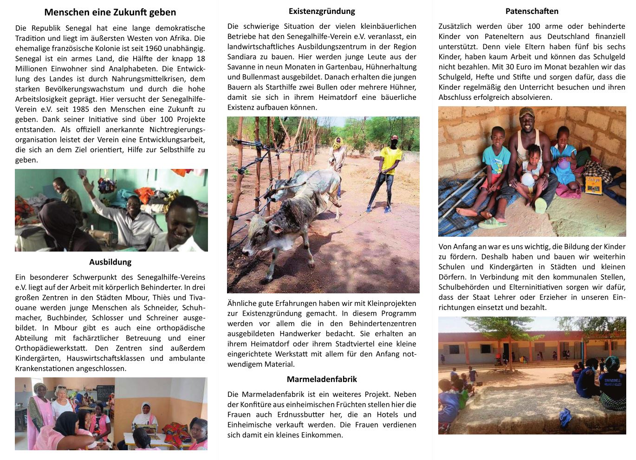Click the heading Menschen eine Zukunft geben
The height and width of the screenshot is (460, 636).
tap(110, 12)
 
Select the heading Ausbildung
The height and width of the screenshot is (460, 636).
tap(110, 262)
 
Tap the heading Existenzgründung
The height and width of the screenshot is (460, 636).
tap(322, 11)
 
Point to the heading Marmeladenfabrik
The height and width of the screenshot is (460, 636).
tap(322, 379)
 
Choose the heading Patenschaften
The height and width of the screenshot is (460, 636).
tap(532, 11)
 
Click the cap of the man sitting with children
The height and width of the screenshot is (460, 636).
tap(526, 112)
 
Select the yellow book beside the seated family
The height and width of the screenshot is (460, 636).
tap(593, 184)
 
